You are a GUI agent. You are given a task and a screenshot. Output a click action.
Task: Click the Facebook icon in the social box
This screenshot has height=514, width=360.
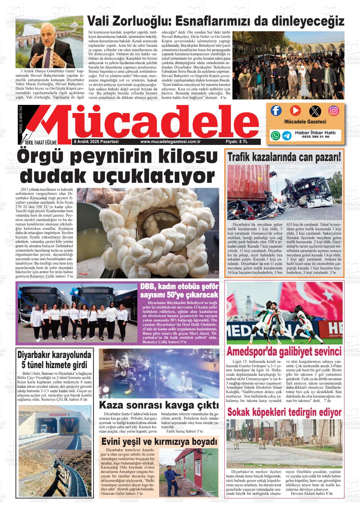(x=276, y=111)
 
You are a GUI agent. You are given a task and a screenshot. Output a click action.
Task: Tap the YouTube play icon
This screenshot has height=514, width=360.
(x=295, y=111)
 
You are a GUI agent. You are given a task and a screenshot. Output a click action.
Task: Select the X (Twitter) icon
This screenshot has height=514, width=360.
(x=315, y=111)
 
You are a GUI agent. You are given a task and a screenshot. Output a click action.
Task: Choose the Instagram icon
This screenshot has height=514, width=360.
(x=333, y=111)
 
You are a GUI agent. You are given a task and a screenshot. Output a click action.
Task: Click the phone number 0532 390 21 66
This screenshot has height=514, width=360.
(x=315, y=137)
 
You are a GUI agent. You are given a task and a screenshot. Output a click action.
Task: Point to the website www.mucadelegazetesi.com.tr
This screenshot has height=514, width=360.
(x=171, y=142)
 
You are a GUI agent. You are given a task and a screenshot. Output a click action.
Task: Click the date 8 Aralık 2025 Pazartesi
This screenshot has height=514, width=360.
(x=96, y=142)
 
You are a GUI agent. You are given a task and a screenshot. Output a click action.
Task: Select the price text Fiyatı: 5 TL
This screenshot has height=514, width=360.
(x=237, y=142)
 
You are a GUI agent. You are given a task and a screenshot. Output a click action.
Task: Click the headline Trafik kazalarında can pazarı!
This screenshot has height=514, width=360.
(x=284, y=157)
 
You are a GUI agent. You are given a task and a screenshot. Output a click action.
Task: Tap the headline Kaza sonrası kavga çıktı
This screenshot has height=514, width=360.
(x=159, y=405)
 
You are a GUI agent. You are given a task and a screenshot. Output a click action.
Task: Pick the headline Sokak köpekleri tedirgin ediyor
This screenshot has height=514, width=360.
(x=284, y=412)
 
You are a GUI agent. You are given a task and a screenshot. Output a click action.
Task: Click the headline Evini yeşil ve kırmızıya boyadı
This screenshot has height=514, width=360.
(x=159, y=441)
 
